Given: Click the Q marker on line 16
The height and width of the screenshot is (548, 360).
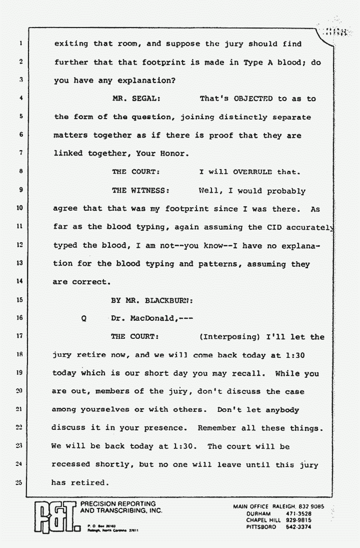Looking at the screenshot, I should (x=83, y=319).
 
